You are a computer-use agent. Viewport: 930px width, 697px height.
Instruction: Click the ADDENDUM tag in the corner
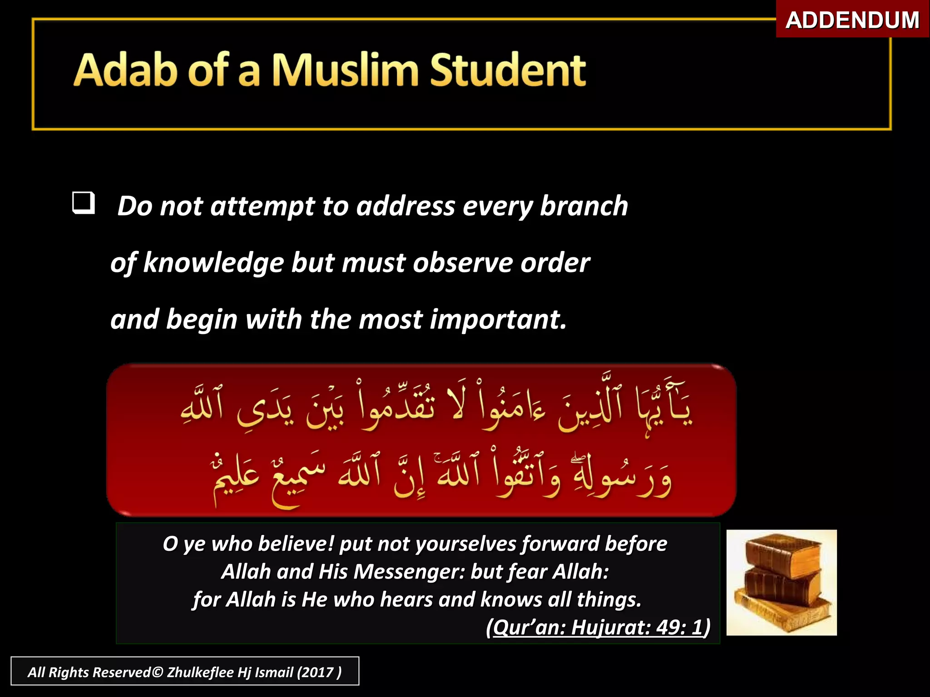tap(852, 20)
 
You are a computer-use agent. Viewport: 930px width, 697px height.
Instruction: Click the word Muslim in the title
tap(345, 70)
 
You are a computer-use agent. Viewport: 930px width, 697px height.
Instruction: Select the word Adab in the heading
tap(125, 70)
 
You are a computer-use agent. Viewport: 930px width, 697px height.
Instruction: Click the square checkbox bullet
tap(84, 203)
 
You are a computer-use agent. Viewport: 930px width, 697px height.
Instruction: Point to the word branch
tap(584, 206)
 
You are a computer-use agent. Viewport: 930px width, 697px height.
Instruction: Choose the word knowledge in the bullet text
tap(213, 263)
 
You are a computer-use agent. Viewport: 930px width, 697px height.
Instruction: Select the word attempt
tap(262, 206)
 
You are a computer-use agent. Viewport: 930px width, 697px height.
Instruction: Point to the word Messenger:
tap(409, 572)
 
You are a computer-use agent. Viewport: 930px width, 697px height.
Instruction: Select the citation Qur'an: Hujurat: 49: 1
tap(598, 628)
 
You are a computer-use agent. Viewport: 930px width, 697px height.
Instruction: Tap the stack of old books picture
tap(781, 583)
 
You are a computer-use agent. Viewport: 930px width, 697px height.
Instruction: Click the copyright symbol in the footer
tap(157, 672)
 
